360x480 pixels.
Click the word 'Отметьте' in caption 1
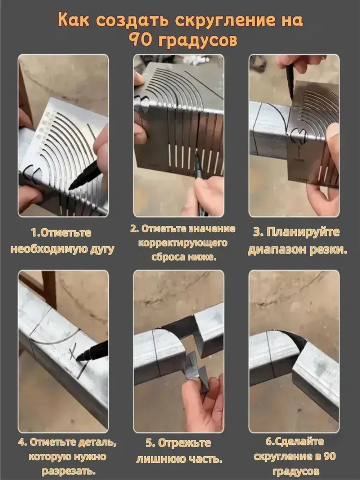pyautogui.click(x=66, y=233)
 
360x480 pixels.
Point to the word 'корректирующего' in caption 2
pyautogui.click(x=183, y=243)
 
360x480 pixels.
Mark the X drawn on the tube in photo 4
pyautogui.click(x=74, y=351)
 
